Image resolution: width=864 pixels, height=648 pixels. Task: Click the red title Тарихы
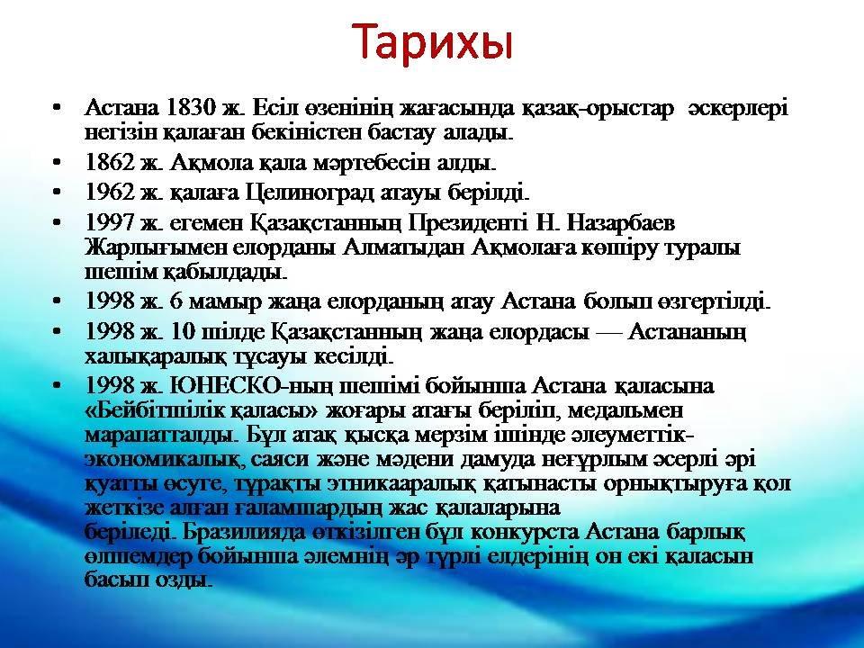tap(432, 42)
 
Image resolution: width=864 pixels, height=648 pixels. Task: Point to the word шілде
tap(234, 332)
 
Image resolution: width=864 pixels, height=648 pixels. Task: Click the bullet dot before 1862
tap(56, 163)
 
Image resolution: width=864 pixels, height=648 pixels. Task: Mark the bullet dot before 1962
tap(56, 193)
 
